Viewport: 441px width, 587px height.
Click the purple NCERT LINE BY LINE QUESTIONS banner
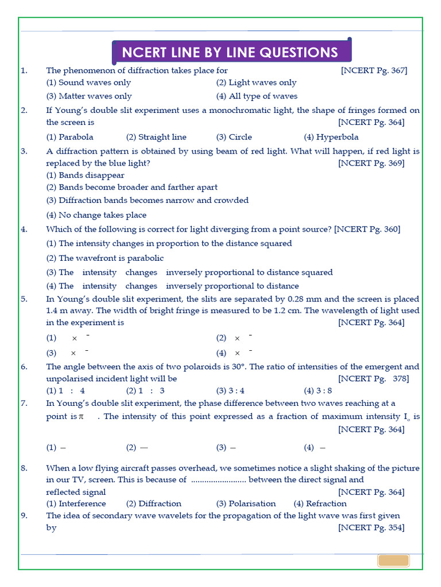point(231,53)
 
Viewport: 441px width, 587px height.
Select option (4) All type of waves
point(257,96)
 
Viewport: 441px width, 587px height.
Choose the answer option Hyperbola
point(331,137)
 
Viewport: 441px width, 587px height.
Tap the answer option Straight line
point(156,137)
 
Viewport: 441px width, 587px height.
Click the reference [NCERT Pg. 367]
point(374,71)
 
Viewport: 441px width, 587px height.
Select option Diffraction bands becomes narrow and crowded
point(147,201)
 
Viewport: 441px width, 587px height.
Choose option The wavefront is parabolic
point(105,258)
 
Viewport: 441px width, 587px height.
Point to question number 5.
point(24,299)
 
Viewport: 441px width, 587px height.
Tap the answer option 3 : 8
point(318,391)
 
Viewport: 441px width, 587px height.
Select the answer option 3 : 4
point(230,391)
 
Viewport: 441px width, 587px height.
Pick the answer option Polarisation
point(246,504)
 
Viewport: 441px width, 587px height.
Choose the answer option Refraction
point(320,504)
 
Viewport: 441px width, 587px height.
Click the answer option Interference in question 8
point(76,504)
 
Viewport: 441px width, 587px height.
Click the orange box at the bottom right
point(393,560)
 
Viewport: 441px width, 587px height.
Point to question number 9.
point(24,516)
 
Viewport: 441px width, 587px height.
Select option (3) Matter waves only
point(89,96)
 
